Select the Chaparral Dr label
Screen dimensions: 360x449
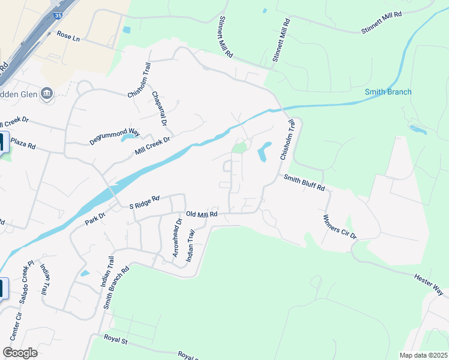[158, 109]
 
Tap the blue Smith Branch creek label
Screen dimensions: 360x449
[388, 92]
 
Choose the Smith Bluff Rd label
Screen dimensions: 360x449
[304, 182]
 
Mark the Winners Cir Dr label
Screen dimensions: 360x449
[340, 227]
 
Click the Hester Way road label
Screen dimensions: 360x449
[429, 284]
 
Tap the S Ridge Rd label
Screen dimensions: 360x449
[145, 202]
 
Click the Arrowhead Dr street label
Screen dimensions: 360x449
[177, 238]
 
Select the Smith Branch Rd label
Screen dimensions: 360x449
[116, 287]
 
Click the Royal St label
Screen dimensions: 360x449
[116, 340]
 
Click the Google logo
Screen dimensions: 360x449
[20, 353]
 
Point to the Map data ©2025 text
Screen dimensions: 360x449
[423, 355]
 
